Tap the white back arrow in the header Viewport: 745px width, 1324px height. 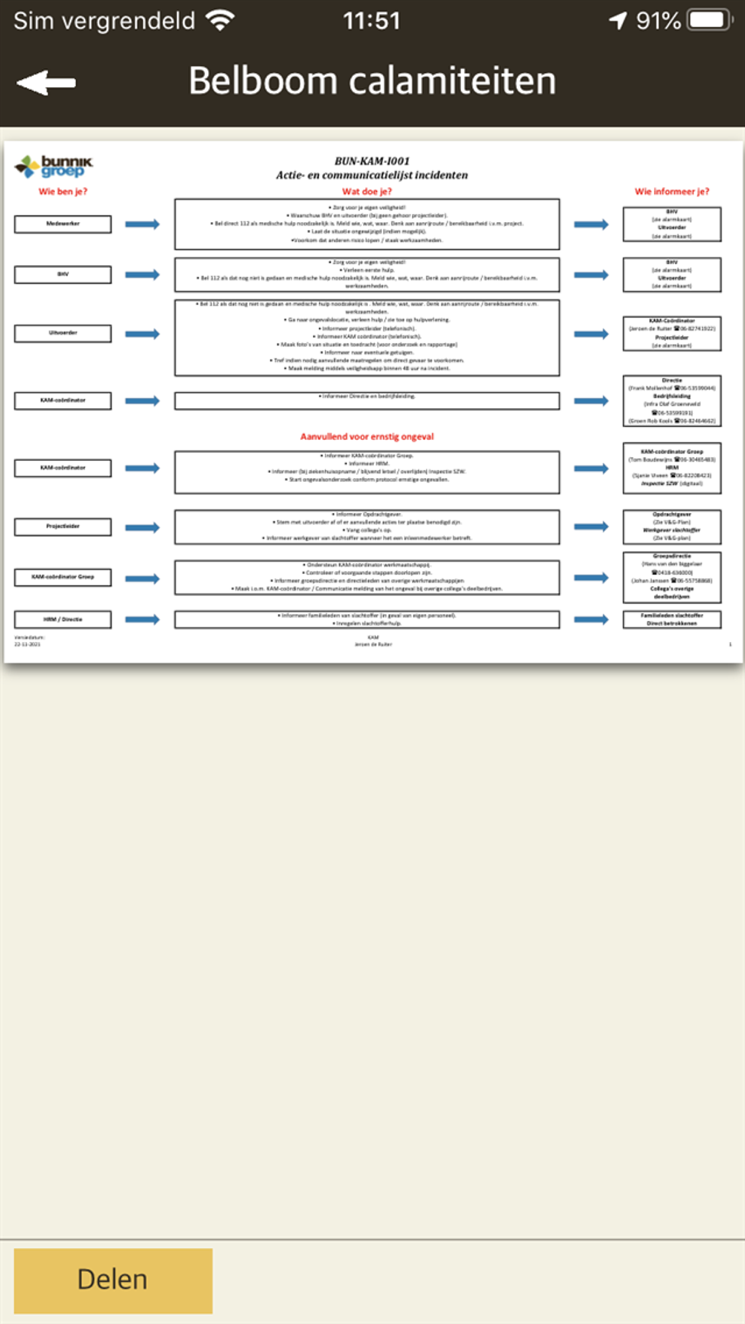click(x=46, y=82)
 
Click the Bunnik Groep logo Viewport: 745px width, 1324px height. click(x=54, y=166)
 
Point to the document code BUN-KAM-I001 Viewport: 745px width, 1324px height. click(x=372, y=161)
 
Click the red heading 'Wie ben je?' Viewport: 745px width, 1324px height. click(x=63, y=191)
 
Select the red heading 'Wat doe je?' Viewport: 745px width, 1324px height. click(x=367, y=191)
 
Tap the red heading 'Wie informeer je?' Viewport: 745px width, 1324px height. click(x=671, y=191)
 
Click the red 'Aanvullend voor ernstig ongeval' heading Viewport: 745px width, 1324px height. click(x=367, y=436)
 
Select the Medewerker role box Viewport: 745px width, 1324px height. click(x=63, y=224)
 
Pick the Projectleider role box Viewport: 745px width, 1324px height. click(x=63, y=526)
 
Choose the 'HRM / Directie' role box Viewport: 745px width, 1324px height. click(x=63, y=620)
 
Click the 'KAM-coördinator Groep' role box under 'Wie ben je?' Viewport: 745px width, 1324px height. click(x=63, y=577)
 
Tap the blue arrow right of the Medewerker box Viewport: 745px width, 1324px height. click(x=142, y=224)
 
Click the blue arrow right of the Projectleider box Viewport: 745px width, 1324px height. click(x=142, y=527)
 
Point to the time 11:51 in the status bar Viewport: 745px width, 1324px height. click(x=371, y=21)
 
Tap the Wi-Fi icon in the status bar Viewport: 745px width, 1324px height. click(x=220, y=20)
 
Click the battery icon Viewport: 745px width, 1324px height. click(x=709, y=20)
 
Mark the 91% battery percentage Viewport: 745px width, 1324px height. click(x=658, y=21)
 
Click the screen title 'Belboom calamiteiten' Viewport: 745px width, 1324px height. click(x=372, y=80)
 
